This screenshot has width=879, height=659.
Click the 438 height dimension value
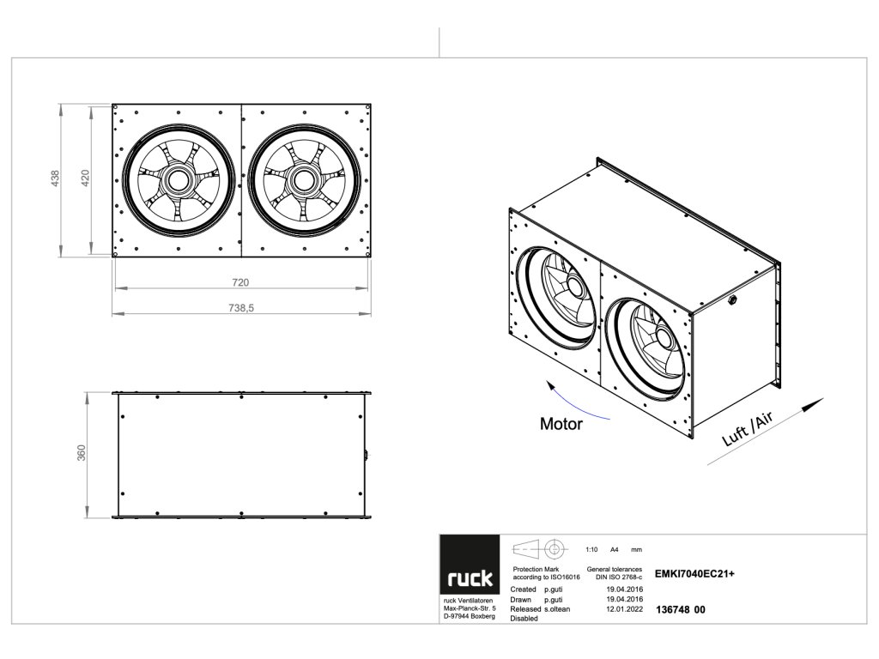[56, 179]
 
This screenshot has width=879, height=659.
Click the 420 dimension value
[85, 179]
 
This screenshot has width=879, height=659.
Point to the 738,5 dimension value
[241, 309]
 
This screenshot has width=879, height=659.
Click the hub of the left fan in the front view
[178, 180]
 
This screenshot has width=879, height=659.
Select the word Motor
[561, 424]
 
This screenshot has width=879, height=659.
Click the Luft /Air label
[749, 429]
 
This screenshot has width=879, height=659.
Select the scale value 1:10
[591, 549]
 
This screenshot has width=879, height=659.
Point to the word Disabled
[524, 618]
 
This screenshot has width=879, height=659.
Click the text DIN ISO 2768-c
[617, 577]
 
